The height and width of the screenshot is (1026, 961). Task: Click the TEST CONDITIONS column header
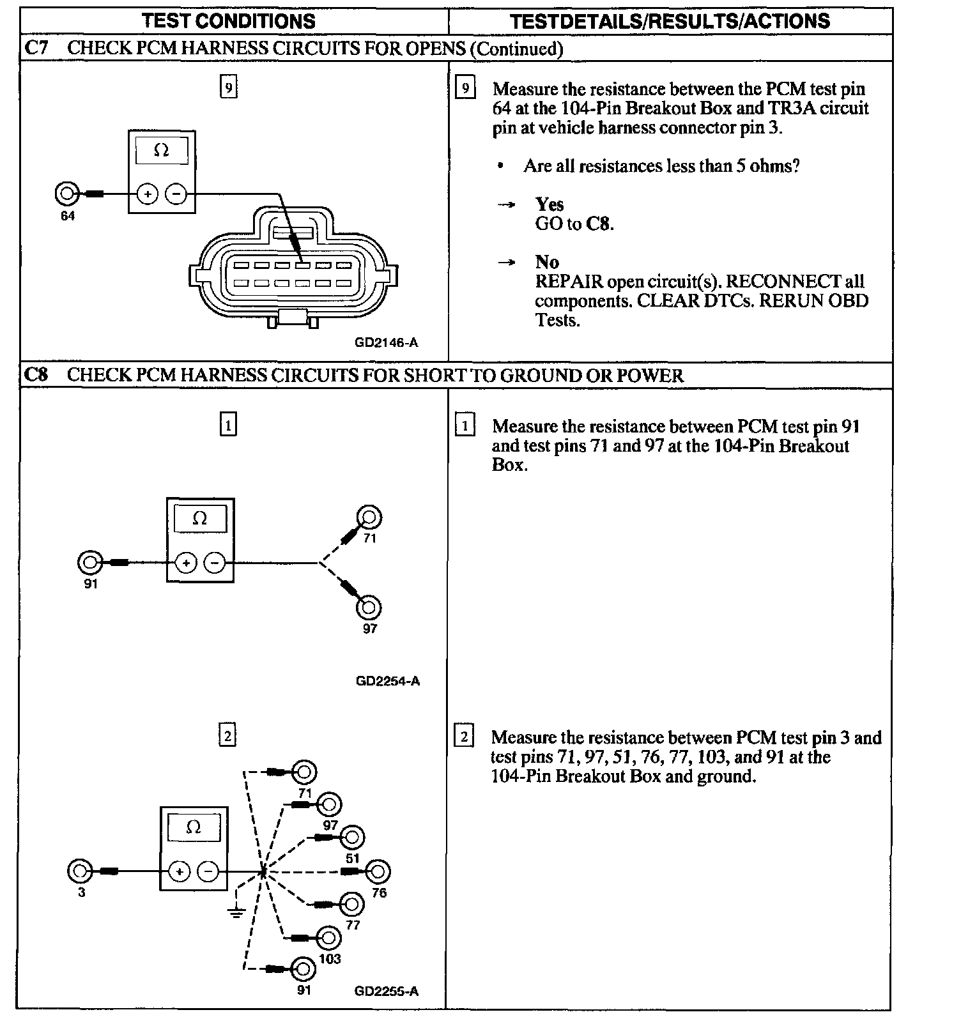coord(229,20)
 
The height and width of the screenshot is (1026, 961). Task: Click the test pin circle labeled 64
coord(66,193)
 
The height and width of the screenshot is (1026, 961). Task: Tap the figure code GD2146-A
coord(386,342)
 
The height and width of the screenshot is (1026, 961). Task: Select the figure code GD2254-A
coord(387,681)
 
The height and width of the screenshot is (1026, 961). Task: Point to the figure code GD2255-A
coord(386,991)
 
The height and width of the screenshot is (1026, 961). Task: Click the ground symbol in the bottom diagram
coord(236,912)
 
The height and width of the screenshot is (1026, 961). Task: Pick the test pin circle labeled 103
coord(328,938)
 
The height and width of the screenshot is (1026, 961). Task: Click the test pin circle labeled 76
coord(378,871)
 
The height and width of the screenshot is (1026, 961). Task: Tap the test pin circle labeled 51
coord(353,838)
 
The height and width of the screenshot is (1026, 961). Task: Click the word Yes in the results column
coord(550,204)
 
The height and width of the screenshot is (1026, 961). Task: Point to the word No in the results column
coord(547,262)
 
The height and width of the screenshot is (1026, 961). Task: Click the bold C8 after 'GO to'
coord(599,224)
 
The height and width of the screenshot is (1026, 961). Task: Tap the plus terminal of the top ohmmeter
coord(148,194)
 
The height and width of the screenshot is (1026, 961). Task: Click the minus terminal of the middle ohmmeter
coord(215,563)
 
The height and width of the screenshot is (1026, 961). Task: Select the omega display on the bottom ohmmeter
coord(194,828)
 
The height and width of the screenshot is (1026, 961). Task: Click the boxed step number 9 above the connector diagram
coord(228,86)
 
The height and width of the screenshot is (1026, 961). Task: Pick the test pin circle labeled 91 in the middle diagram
coord(89,563)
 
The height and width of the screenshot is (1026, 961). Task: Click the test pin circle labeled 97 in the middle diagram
coord(369,607)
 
